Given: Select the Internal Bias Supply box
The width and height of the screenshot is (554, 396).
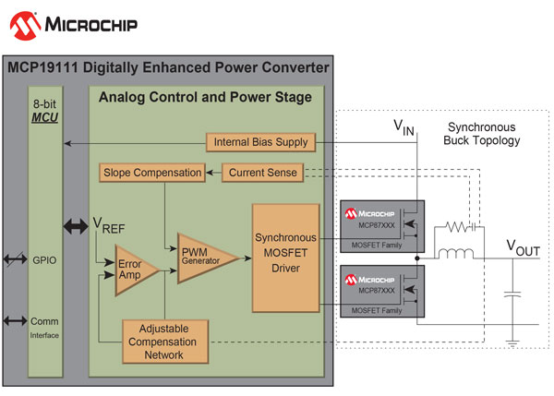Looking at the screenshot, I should (x=260, y=142).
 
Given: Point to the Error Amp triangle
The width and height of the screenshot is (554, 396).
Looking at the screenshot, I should (x=136, y=270).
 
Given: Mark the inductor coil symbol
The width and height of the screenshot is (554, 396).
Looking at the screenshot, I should (x=457, y=254).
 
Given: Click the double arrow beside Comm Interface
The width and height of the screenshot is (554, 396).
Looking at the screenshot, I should (x=17, y=320).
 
